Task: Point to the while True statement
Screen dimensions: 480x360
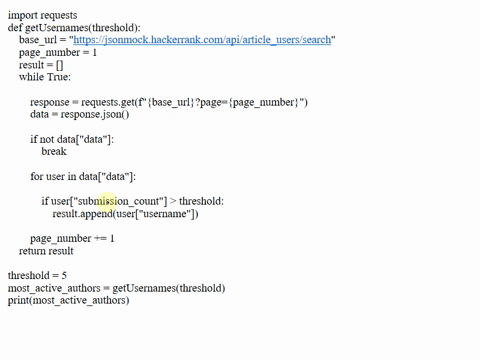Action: click(45, 77)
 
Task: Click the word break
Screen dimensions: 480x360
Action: click(54, 151)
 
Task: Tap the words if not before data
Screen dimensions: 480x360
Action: click(45, 139)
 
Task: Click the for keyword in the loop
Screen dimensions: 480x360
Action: click(37, 176)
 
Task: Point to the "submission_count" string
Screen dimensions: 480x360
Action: click(120, 201)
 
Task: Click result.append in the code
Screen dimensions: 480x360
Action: click(82, 213)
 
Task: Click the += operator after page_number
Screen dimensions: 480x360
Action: click(98, 238)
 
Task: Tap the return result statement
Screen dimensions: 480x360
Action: click(46, 250)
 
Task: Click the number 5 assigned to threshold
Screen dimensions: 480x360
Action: click(64, 275)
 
